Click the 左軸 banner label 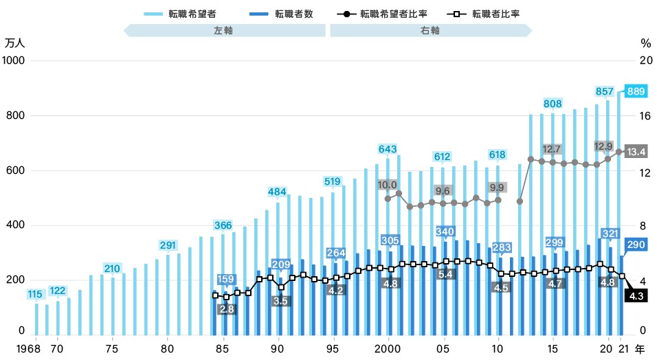(224, 31)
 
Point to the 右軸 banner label (431, 31)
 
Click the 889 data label (636, 91)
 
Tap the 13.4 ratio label (636, 150)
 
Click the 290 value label (636, 245)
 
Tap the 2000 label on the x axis (388, 349)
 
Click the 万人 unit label (15, 43)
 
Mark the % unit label (645, 43)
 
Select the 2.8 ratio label (227, 309)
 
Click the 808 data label (553, 104)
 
